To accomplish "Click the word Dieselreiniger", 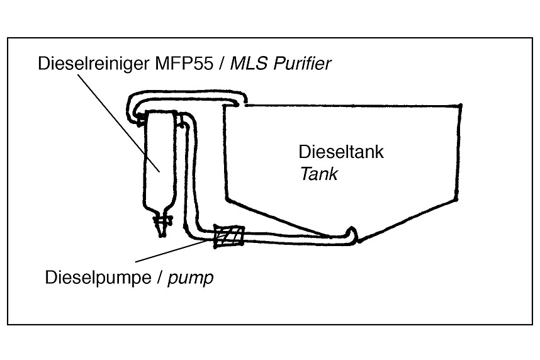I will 89,64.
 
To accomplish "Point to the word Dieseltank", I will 340,152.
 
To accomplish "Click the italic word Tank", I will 318,174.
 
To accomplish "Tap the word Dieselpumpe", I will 96,277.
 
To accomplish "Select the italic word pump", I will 191,278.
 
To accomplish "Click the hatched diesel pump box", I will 228,237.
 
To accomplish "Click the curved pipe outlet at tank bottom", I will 352,234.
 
